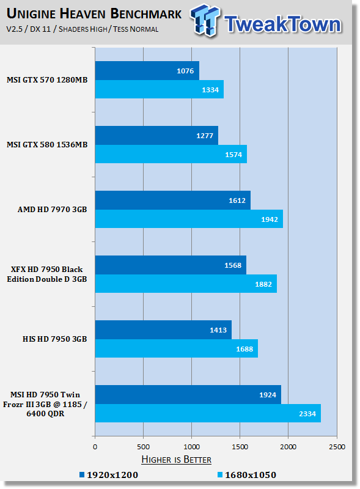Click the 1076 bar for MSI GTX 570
click(147, 70)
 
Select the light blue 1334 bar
click(160, 89)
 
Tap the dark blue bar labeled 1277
click(156, 135)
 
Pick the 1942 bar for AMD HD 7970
click(189, 219)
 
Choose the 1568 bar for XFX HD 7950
click(171, 265)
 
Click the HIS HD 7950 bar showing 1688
click(177, 348)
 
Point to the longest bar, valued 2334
click(208, 413)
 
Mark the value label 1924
click(268, 395)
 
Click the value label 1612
click(237, 200)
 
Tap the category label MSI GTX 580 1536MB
click(47, 145)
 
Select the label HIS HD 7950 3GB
click(54, 339)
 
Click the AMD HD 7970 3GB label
click(52, 209)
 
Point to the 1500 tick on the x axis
click(240, 447)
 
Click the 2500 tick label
click(337, 447)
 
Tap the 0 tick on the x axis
click(95, 447)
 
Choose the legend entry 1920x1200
click(109, 475)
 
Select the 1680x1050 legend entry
click(247, 475)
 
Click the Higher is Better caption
click(176, 460)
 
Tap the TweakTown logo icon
click(205, 21)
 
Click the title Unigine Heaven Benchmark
click(94, 13)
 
